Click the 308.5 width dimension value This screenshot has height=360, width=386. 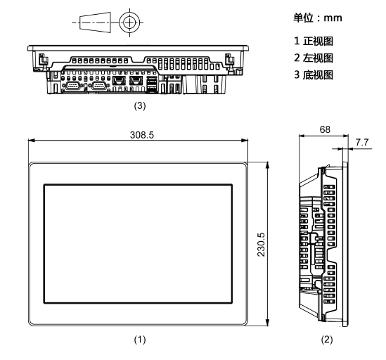[x=142, y=135]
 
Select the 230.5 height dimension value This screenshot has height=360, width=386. [x=261, y=245]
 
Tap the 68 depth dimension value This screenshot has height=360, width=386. [x=325, y=129]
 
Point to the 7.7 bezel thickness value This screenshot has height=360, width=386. [x=362, y=142]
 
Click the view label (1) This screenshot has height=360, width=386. [x=140, y=340]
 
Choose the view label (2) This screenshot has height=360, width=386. [x=327, y=340]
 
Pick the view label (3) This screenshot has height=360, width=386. [x=140, y=106]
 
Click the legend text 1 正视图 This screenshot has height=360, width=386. [x=314, y=41]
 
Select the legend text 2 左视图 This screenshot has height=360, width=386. [x=314, y=58]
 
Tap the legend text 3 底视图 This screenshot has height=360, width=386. [x=314, y=75]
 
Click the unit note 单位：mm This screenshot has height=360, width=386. [x=318, y=18]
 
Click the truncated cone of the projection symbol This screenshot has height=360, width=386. [x=95, y=22]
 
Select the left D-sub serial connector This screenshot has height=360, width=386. [x=72, y=86]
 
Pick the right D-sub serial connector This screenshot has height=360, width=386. [x=99, y=86]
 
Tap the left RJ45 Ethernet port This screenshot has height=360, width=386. [x=119, y=81]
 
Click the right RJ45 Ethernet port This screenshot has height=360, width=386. [x=136, y=81]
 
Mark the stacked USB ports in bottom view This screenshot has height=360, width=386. [x=152, y=84]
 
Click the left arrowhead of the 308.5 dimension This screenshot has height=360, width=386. [x=31, y=141]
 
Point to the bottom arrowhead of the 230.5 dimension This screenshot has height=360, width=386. [x=267, y=323]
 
